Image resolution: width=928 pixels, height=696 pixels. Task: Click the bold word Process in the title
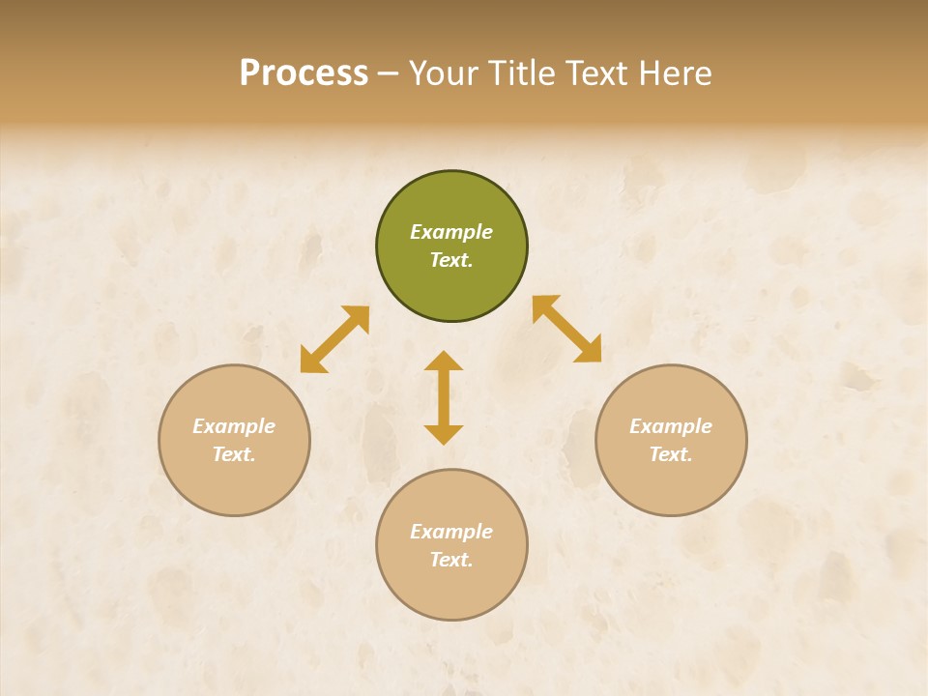304,73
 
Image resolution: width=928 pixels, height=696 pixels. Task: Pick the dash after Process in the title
388,74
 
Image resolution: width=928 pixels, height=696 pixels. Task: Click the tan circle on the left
234,440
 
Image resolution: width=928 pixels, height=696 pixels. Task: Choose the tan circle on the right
671,440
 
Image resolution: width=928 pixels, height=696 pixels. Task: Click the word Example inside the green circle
451,232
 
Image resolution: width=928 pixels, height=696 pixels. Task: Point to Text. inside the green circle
451,260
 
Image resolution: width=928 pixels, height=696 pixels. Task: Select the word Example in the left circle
234,426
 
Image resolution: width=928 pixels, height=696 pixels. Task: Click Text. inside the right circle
671,454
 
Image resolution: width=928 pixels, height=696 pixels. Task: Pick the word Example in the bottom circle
451,532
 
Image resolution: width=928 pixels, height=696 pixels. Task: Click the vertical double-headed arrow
444,397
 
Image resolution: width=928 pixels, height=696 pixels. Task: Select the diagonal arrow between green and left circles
334,339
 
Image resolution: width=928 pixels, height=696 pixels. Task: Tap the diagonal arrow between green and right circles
566,329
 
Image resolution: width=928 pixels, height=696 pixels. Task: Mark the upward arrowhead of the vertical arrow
444,361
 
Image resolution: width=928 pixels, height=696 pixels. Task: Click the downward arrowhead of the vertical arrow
444,434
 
